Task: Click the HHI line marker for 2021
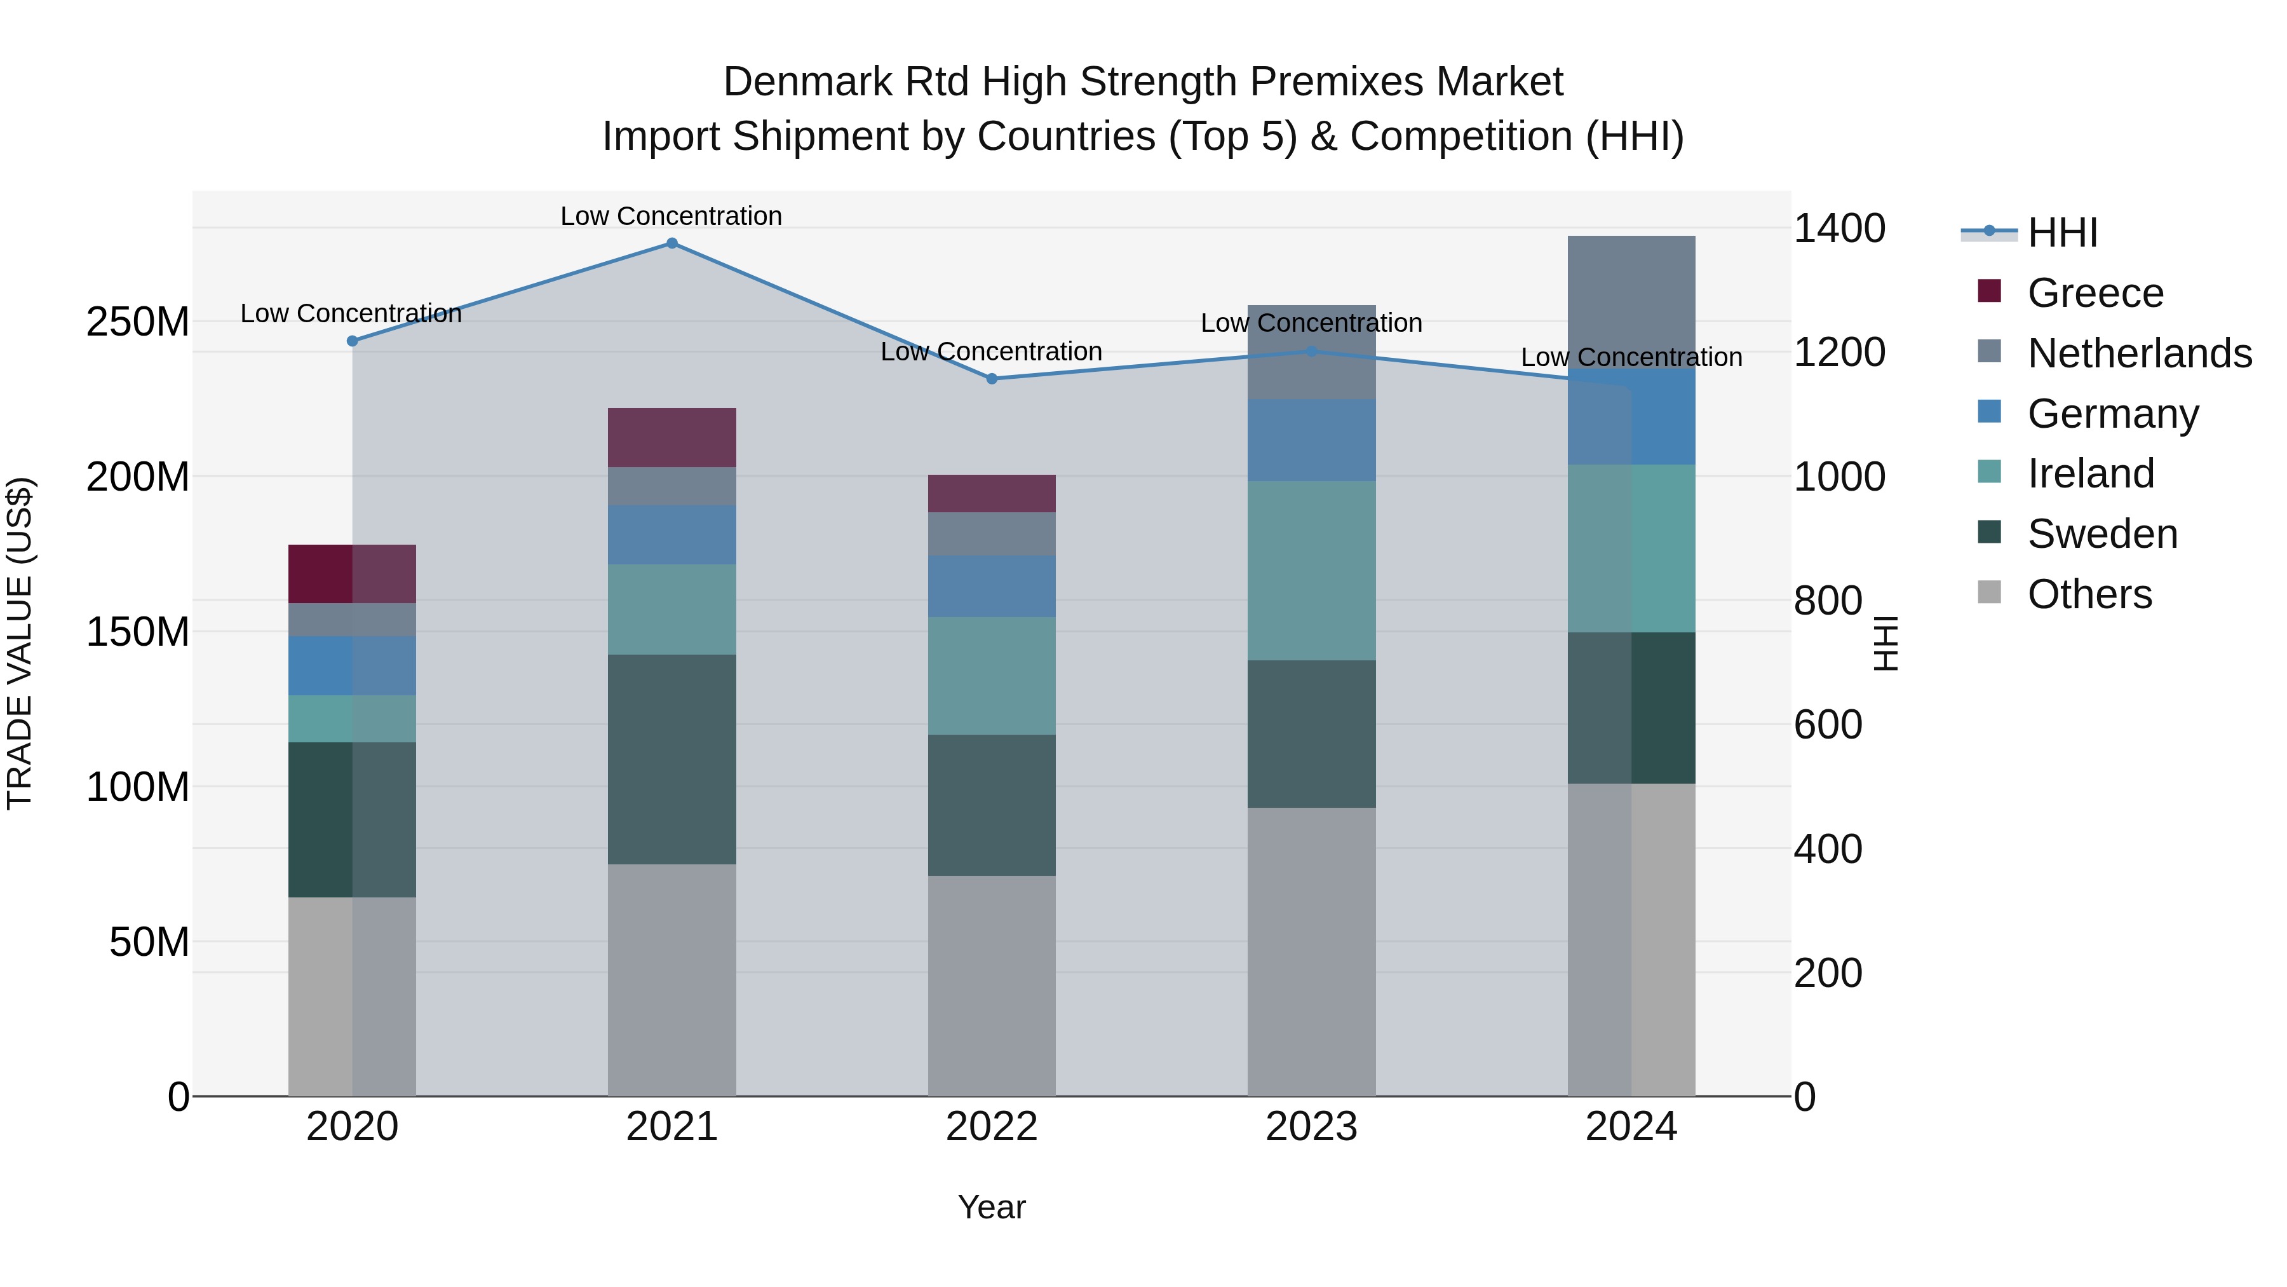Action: [672, 243]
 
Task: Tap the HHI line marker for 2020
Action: [353, 341]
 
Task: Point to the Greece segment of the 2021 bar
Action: [672, 438]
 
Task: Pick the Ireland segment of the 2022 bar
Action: [992, 676]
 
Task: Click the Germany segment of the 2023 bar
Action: [1311, 440]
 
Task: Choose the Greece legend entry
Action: [2095, 293]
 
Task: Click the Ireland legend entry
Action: [2090, 473]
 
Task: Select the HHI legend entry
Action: [2061, 233]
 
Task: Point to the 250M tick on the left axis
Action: [138, 322]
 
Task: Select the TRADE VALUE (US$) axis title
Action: [20, 643]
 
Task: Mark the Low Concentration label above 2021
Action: [671, 216]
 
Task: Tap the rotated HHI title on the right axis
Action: [1885, 643]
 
